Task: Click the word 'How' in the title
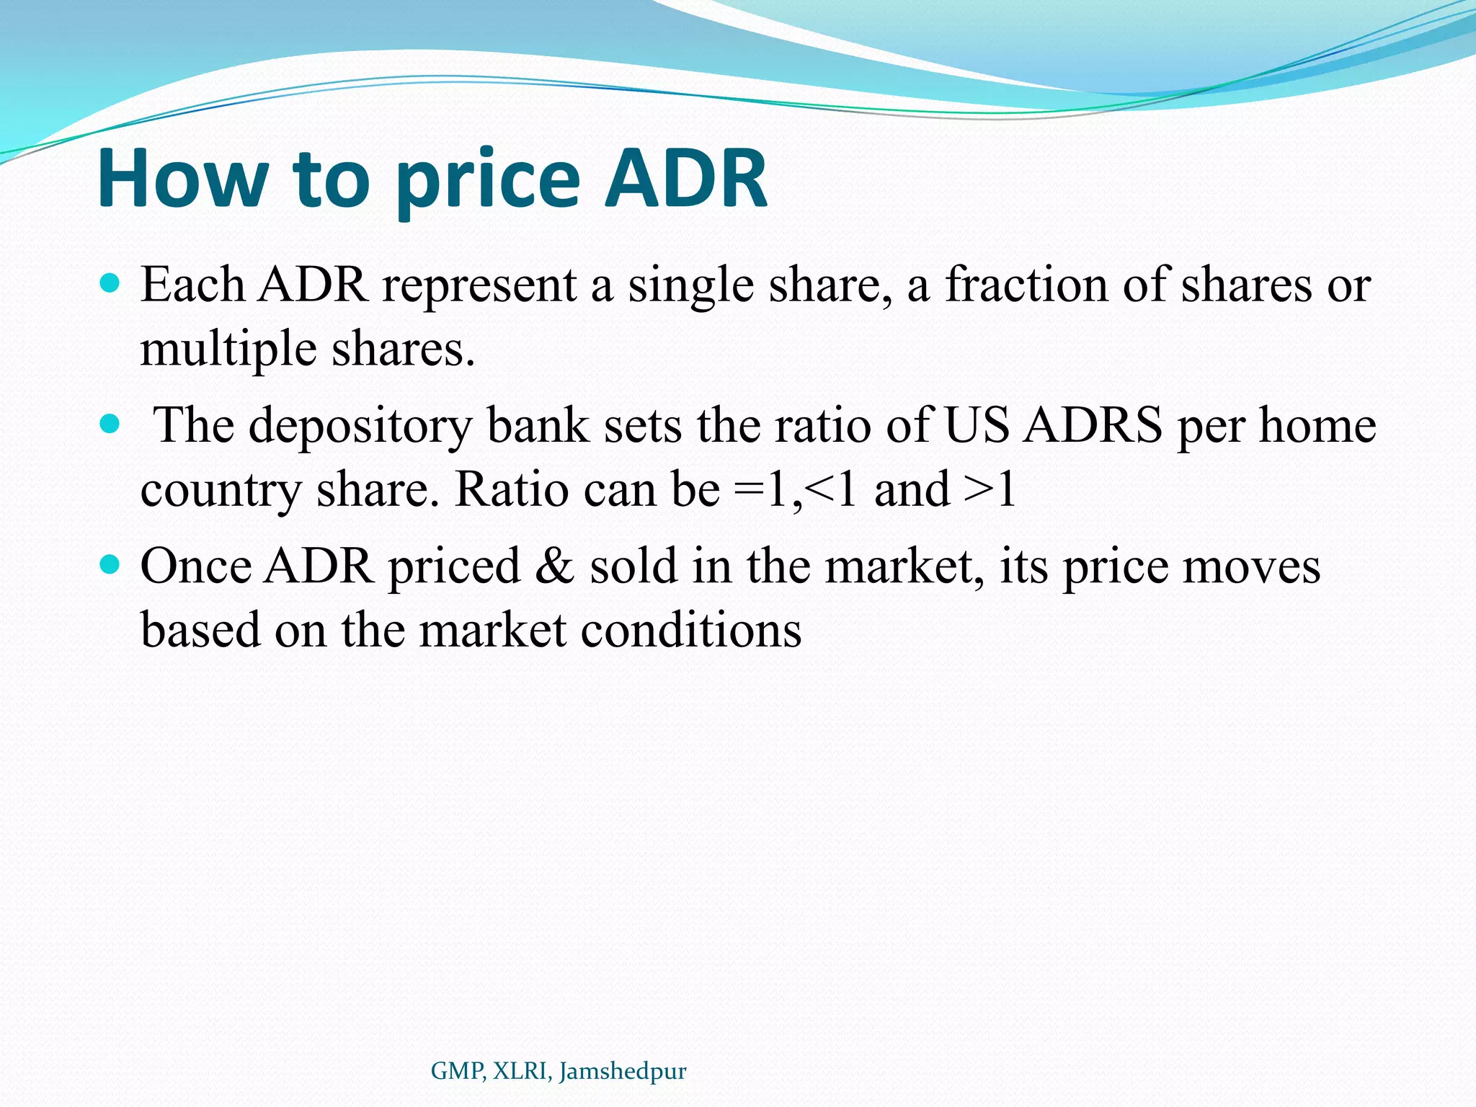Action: click(x=182, y=178)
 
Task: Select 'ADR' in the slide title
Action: click(x=685, y=178)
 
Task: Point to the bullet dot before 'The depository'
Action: click(x=110, y=424)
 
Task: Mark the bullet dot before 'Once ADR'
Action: click(x=110, y=564)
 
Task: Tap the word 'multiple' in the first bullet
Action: click(x=228, y=350)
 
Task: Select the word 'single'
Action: click(x=690, y=285)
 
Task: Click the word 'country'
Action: click(x=221, y=492)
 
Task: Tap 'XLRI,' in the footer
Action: click(x=523, y=1071)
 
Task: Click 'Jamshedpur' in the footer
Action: click(x=623, y=1072)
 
